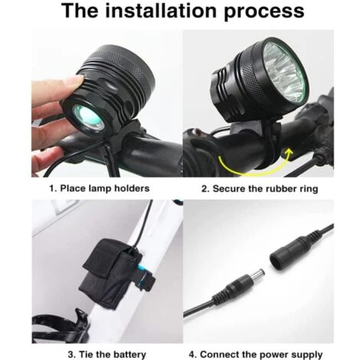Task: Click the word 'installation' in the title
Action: point(162,11)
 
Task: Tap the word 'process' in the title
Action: point(264,12)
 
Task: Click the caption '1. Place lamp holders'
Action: point(100,188)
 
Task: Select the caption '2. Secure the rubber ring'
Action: point(260,189)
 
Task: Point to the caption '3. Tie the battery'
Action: point(107,355)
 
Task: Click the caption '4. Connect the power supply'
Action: point(256,355)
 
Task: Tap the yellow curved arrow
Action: point(255,163)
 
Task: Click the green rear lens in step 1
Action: point(87,119)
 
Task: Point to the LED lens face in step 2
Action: point(284,73)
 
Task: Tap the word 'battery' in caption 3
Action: point(129,355)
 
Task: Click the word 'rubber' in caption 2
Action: point(280,188)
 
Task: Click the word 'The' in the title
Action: point(80,11)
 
